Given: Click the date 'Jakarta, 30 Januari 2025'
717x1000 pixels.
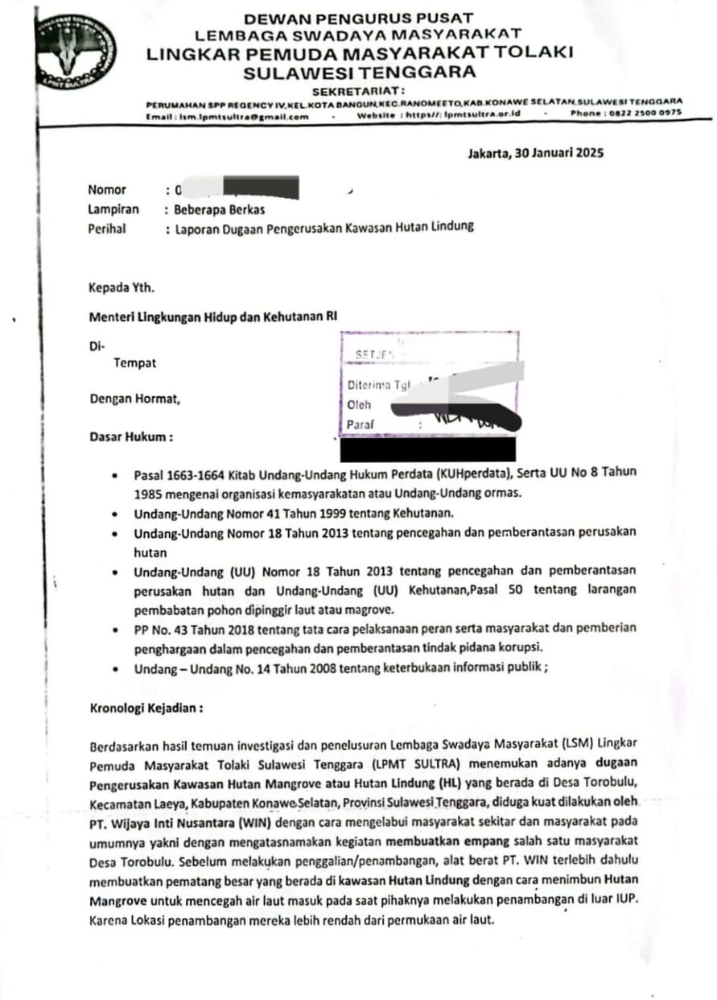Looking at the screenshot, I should tap(535, 153).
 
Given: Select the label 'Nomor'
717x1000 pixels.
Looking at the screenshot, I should tap(107, 190).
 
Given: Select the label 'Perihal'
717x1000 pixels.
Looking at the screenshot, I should tap(107, 228).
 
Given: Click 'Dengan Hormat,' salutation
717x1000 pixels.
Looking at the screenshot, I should tap(134, 398).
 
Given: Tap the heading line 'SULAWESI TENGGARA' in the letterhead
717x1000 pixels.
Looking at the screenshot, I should tap(360, 72).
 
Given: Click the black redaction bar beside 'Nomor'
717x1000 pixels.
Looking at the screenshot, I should tap(262, 188).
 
